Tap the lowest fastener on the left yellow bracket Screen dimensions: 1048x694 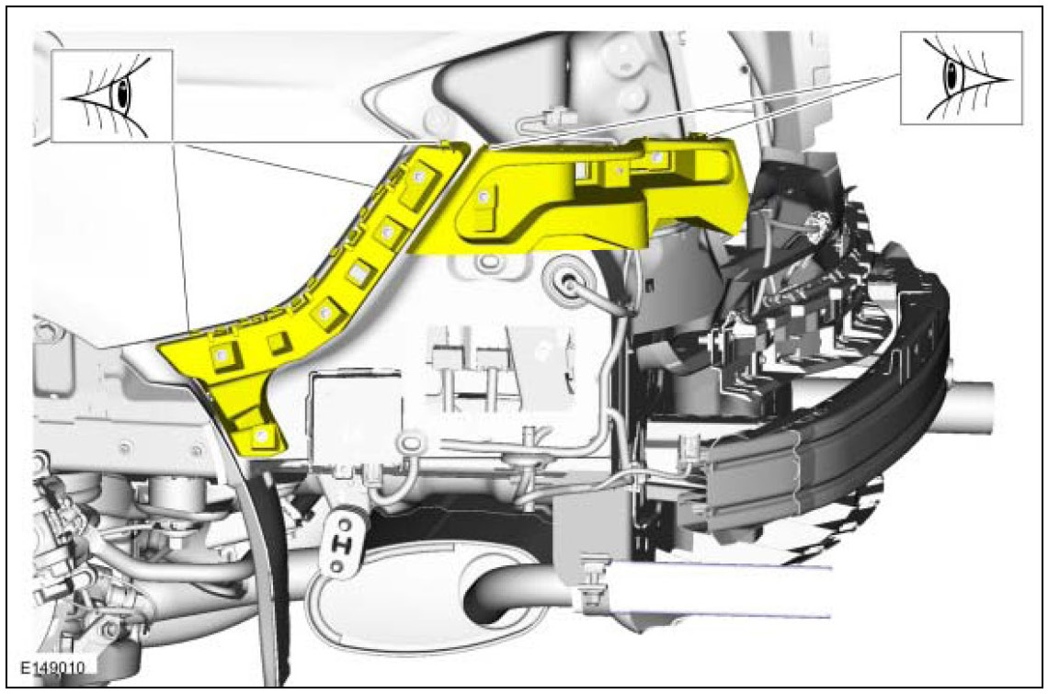261,437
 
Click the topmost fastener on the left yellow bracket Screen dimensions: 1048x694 419,176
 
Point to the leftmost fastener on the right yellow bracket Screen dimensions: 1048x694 484,197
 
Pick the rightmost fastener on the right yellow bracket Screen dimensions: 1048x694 659,158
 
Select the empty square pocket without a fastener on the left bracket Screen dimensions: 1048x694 278,344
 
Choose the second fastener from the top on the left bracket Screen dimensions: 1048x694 387,232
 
